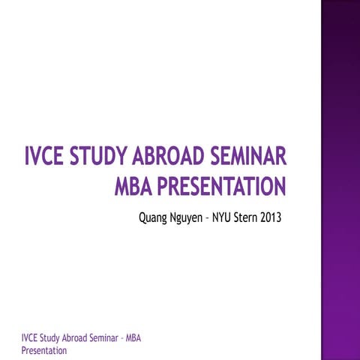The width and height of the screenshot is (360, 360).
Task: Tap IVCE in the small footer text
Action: [30, 338]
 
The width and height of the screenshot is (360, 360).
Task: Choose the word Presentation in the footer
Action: [44, 349]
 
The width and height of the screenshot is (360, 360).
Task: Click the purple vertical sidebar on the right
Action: [340, 180]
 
